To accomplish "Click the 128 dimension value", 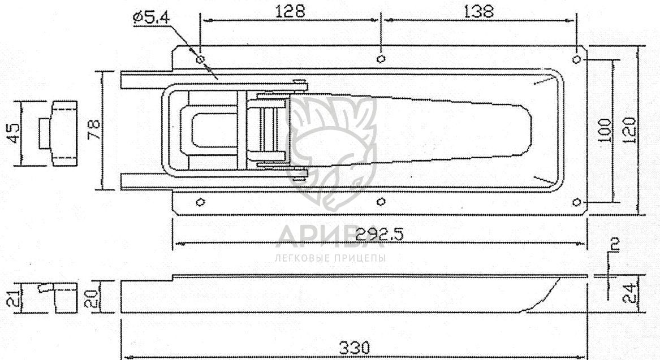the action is (x=290, y=11).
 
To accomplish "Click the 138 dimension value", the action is (x=478, y=11).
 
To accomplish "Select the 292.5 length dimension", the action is (x=379, y=234).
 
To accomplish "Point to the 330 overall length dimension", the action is (x=355, y=348).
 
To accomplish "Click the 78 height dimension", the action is (x=94, y=130).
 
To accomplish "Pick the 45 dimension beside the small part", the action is (x=14, y=133).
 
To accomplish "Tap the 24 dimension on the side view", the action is (x=629, y=293).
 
